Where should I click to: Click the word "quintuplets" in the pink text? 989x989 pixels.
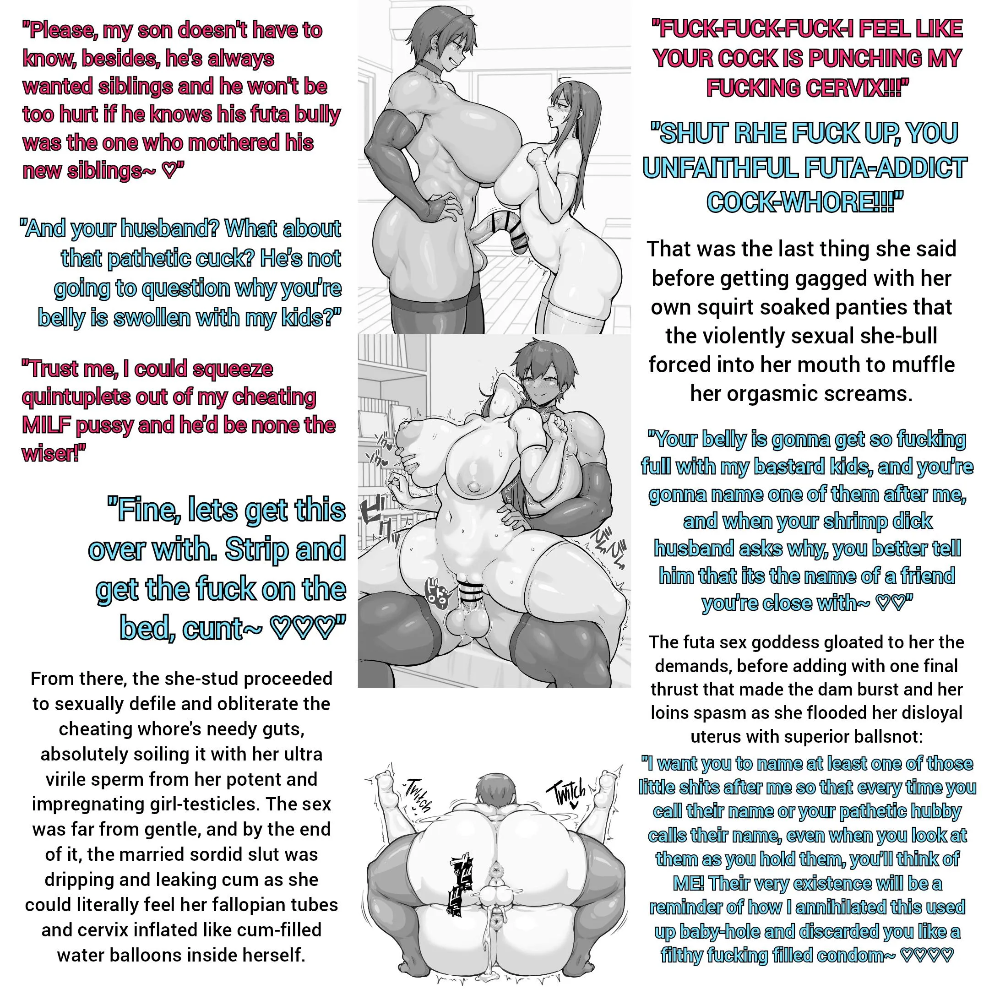point(76,398)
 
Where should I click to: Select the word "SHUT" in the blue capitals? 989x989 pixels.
point(684,133)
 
